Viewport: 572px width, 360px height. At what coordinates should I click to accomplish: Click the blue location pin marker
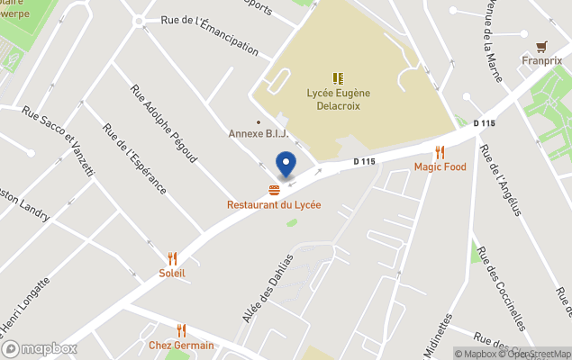pyautogui.click(x=286, y=165)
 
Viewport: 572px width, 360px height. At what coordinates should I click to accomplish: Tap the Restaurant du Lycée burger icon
pyautogui.click(x=273, y=190)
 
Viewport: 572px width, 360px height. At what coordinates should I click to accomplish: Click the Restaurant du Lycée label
pyautogui.click(x=273, y=205)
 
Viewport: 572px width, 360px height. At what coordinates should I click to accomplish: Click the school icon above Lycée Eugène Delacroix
pyautogui.click(x=338, y=78)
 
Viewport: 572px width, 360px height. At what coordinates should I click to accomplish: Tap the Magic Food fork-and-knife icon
pyautogui.click(x=440, y=152)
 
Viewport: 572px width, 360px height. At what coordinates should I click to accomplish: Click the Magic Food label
pyautogui.click(x=440, y=167)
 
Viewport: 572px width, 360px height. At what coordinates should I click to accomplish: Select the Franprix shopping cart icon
pyautogui.click(x=541, y=46)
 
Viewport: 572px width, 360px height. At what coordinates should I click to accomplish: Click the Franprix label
pyautogui.click(x=541, y=61)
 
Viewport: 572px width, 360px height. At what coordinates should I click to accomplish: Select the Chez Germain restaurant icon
pyautogui.click(x=181, y=330)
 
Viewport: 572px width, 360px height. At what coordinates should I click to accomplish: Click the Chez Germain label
pyautogui.click(x=181, y=346)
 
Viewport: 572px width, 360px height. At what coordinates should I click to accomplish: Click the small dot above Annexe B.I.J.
pyautogui.click(x=259, y=122)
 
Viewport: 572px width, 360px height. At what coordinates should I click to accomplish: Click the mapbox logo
pyautogui.click(x=40, y=348)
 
